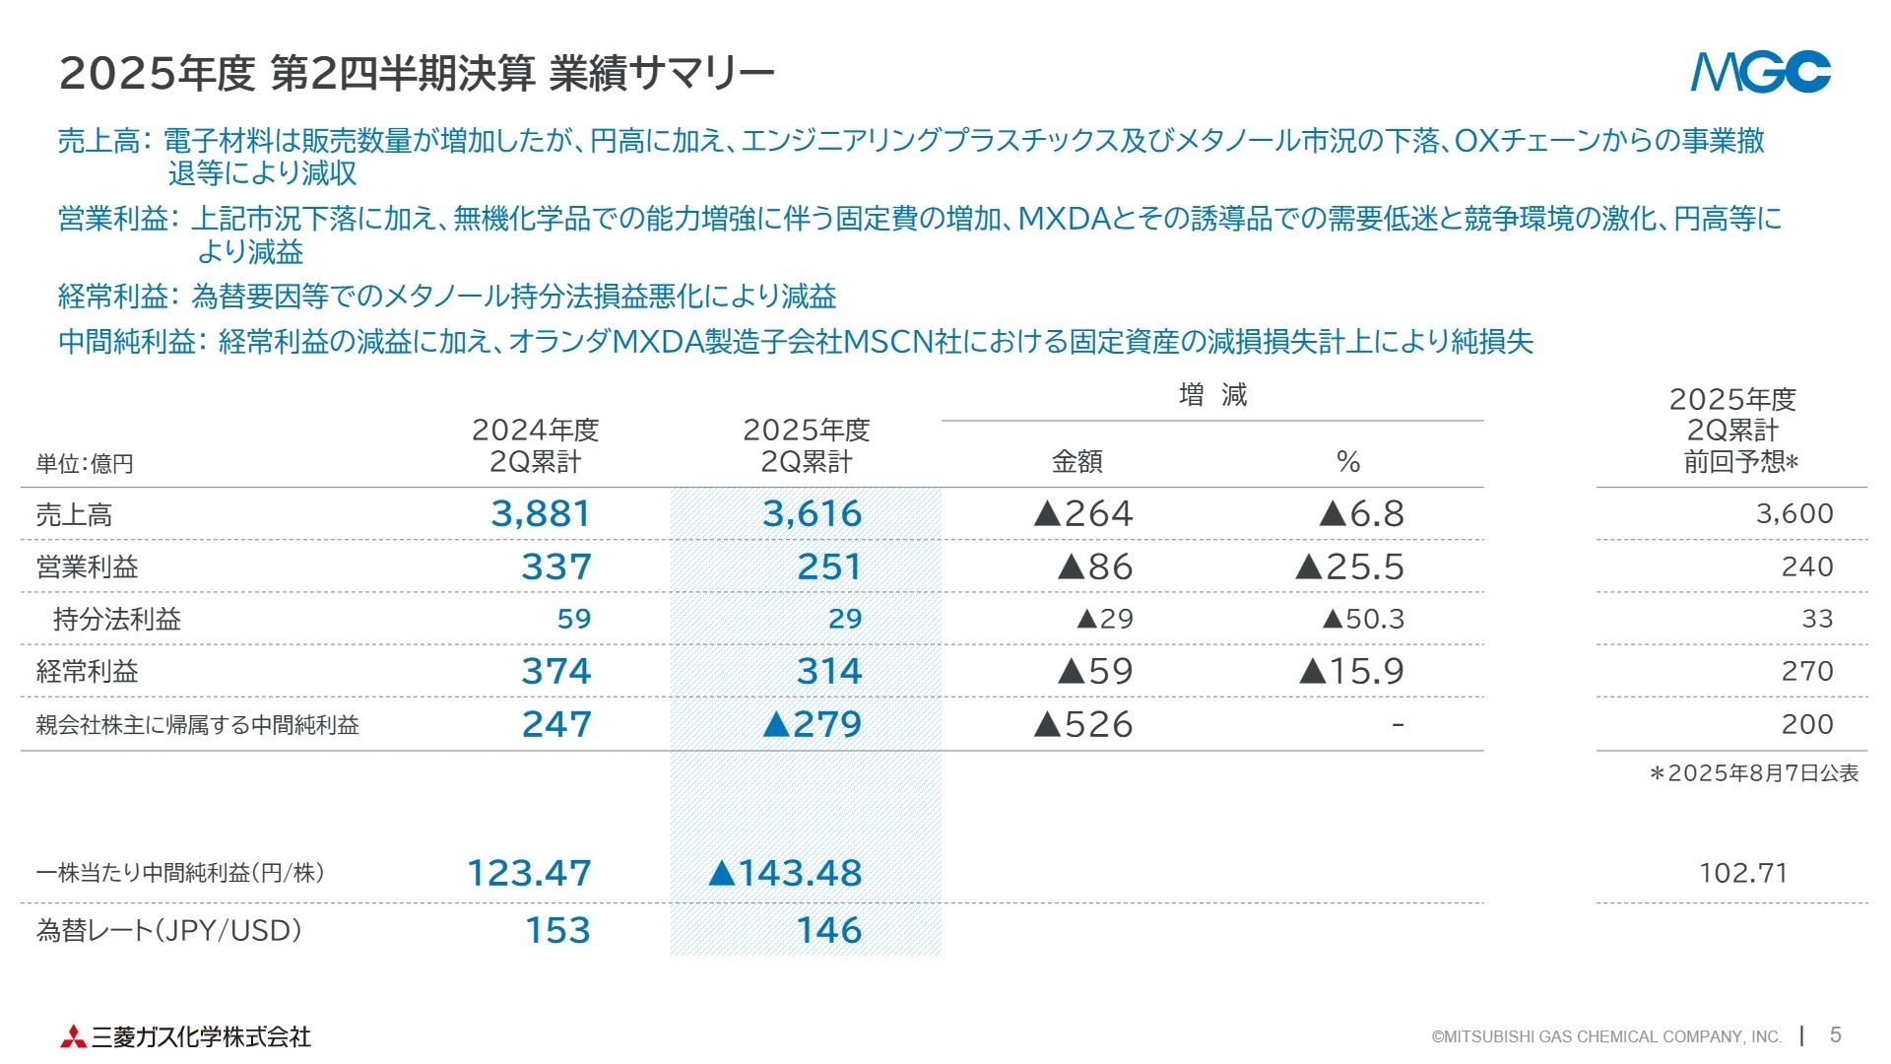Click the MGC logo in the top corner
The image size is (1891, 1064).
pos(1760,72)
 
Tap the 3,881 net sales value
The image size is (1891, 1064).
pos(541,513)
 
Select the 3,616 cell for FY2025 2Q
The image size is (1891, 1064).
pos(812,513)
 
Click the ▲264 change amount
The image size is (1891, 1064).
pos(1083,513)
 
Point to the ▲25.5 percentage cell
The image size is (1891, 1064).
pos(1350,566)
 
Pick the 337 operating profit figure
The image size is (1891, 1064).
pos(556,566)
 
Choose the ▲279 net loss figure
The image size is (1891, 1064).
pos(813,724)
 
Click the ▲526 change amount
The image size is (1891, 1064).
pos(1083,724)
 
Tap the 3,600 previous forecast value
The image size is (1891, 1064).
pos(1794,513)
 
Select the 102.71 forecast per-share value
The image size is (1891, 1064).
pos(1743,873)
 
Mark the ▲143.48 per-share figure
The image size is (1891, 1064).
pos(785,873)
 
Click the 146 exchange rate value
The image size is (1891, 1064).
pos(829,930)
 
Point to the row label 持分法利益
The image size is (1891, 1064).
pos(117,619)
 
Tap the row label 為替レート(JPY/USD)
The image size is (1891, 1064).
pos(168,930)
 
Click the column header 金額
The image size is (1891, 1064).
pos(1076,461)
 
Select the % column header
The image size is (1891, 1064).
pos(1348,461)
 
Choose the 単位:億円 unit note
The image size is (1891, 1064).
pos(85,463)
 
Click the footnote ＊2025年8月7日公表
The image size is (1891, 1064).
pos(1754,773)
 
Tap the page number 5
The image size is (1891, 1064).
pos(1835,1034)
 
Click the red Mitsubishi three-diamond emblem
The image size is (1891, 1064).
pos(72,1036)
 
